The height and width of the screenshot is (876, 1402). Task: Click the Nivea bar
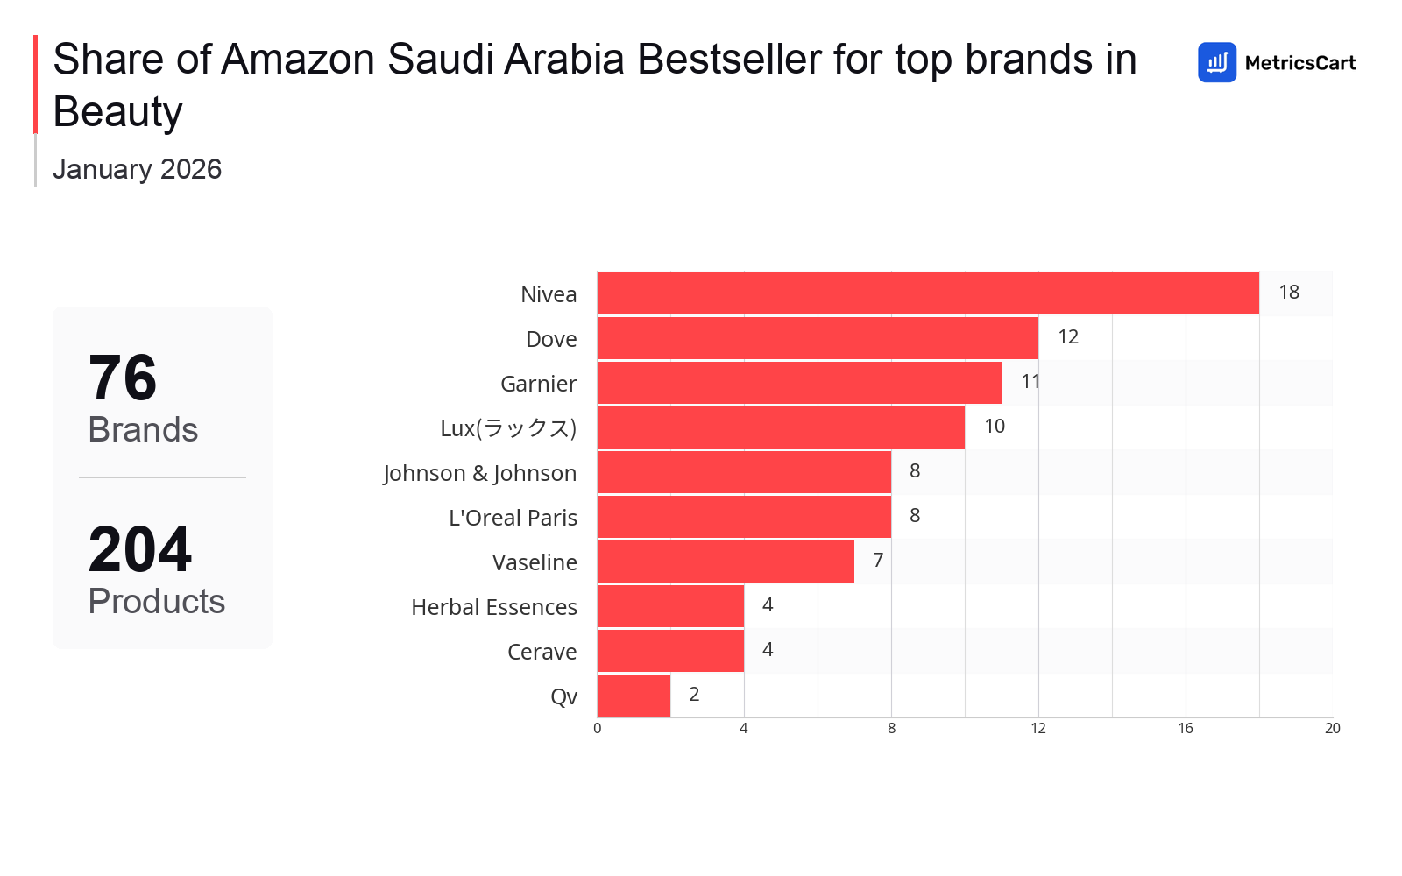pos(928,293)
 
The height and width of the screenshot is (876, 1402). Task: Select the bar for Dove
pos(818,338)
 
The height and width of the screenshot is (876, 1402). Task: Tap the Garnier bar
pos(799,383)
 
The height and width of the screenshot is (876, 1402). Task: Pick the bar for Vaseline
pos(726,562)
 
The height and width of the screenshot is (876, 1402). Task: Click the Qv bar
pos(634,696)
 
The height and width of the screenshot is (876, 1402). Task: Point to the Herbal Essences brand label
pos(494,607)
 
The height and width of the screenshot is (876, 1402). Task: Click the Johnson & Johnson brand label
pos(480,473)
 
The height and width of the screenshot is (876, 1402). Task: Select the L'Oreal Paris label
pos(513,518)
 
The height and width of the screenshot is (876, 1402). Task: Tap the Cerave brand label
pos(542,652)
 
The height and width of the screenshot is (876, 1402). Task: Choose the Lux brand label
pos(508,428)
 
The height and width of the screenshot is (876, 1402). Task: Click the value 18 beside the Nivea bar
pos(1288,293)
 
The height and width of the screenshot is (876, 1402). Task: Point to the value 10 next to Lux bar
pos(995,427)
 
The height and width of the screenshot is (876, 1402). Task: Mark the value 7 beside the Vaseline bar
pos(878,561)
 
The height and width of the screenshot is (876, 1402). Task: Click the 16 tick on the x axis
pos(1186,729)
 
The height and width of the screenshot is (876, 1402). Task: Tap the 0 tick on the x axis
pos(598,729)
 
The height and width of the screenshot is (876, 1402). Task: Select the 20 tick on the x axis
pos(1332,729)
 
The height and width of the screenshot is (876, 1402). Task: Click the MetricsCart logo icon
pos(1217,62)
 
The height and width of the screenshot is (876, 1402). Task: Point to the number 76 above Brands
pos(123,378)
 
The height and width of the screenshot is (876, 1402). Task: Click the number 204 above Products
pos(140,550)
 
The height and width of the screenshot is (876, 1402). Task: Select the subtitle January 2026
pos(138,169)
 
